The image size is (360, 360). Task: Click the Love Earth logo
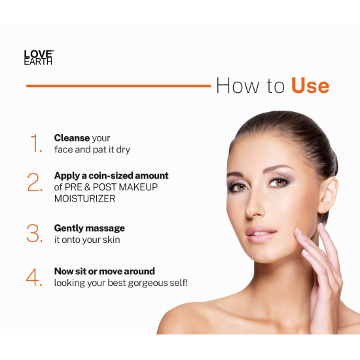(38, 57)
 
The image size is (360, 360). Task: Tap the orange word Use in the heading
(310, 86)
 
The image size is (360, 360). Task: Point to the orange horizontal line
(118, 85)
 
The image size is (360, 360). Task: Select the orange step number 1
(35, 143)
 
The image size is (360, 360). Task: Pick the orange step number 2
(35, 183)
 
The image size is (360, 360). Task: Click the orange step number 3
(35, 233)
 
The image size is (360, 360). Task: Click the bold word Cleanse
(72, 138)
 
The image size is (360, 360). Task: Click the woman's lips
(262, 232)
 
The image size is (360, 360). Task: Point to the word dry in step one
(122, 149)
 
